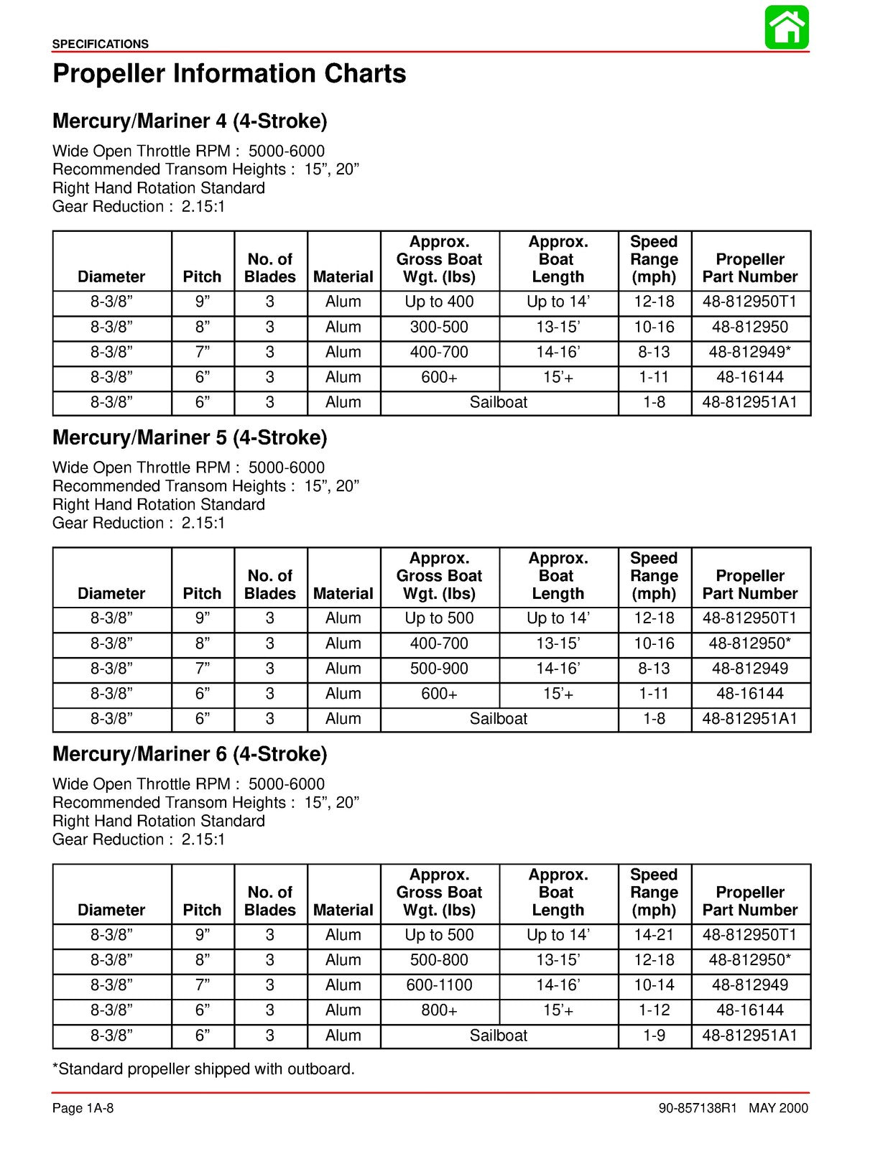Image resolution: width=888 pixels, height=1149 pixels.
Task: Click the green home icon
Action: [x=787, y=27]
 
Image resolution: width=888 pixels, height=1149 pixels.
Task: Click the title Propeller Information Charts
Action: [x=229, y=74]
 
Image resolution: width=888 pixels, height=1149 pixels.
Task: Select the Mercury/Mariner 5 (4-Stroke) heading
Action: [x=190, y=437]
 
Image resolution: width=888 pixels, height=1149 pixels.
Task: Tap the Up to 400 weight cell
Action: [x=439, y=302]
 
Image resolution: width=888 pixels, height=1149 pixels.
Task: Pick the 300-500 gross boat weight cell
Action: [x=439, y=327]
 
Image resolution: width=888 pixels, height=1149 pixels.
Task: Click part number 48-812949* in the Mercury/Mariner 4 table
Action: [x=750, y=352]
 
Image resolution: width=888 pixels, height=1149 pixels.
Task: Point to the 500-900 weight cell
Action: [x=439, y=669]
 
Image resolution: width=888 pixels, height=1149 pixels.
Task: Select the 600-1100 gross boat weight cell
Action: [x=439, y=985]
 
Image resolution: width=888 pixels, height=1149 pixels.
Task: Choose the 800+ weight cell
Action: [x=439, y=1010]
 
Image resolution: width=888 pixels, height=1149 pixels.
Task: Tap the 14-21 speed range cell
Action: [x=654, y=935]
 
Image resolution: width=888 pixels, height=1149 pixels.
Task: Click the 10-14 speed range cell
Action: [x=654, y=985]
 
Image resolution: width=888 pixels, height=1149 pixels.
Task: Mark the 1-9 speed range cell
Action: [x=654, y=1036]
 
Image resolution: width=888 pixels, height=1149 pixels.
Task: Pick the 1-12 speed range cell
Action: [x=654, y=1010]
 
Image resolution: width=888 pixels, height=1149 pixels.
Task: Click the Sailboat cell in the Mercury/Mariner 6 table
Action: [x=499, y=1036]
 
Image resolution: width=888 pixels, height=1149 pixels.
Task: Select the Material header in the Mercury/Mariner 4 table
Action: [x=343, y=277]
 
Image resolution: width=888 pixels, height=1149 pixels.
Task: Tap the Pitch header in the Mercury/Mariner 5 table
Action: [x=203, y=594]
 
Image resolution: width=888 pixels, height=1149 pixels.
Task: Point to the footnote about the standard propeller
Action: [x=204, y=1069]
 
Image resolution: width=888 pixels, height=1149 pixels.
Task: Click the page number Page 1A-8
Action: [x=83, y=1108]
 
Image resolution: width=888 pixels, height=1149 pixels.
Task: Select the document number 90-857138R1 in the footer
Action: [x=698, y=1109]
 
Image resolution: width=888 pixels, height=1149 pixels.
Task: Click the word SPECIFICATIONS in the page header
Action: [x=101, y=44]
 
